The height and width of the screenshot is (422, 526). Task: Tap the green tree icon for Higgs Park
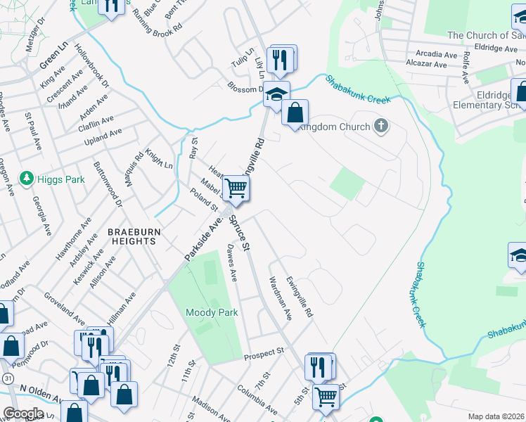(x=27, y=179)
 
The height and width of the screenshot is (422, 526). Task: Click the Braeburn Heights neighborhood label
(x=131, y=236)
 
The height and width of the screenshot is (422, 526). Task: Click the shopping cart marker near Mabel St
(x=236, y=188)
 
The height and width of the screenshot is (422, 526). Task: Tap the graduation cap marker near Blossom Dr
(x=276, y=94)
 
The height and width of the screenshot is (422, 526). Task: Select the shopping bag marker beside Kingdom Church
(x=295, y=113)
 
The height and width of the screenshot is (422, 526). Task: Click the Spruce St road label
(x=240, y=234)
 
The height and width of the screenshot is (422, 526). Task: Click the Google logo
(x=23, y=414)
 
